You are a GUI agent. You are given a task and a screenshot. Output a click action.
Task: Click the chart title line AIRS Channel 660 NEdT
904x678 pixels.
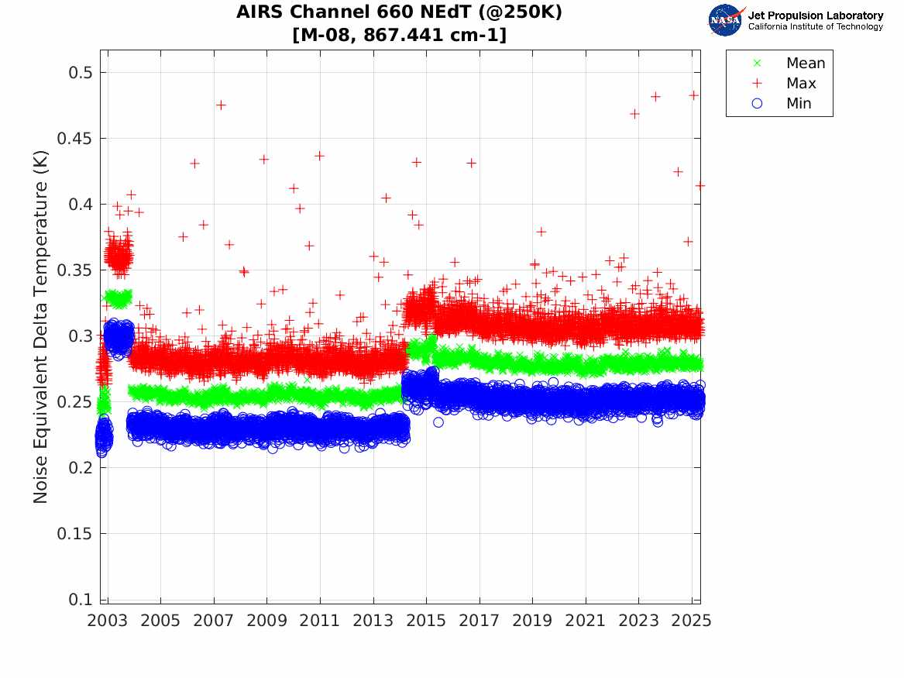(399, 12)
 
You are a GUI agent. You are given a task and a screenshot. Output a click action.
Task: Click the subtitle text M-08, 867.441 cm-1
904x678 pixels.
(399, 35)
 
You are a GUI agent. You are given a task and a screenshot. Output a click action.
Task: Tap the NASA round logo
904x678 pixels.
(725, 20)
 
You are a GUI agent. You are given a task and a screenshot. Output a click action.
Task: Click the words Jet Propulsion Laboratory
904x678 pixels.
(815, 15)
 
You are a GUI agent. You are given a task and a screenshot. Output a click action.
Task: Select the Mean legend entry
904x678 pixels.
(805, 64)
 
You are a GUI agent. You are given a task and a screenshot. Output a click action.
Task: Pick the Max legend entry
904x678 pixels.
(800, 83)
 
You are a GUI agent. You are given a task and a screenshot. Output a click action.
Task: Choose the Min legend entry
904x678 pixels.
(799, 103)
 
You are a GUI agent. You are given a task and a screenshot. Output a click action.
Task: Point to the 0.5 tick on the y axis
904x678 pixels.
(76, 73)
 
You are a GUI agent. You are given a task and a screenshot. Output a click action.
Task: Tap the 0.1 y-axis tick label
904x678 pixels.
(76, 600)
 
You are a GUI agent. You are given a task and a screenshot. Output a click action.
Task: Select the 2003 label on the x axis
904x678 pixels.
(108, 621)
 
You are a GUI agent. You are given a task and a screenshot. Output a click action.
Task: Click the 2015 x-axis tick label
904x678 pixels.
(426, 621)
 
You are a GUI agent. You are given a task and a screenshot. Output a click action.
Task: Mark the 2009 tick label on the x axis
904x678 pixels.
(267, 621)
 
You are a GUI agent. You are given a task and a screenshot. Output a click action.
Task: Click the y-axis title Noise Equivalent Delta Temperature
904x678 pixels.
(41, 326)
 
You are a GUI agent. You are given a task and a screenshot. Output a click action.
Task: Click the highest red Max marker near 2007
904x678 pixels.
(221, 105)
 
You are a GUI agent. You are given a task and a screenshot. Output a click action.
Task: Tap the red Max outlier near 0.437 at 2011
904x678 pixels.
(319, 156)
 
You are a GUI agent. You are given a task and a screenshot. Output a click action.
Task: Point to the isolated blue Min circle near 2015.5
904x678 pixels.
(438, 422)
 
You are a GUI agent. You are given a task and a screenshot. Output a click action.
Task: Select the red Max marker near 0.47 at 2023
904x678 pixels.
(634, 114)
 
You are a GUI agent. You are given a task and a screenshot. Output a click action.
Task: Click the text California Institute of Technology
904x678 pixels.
(815, 27)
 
